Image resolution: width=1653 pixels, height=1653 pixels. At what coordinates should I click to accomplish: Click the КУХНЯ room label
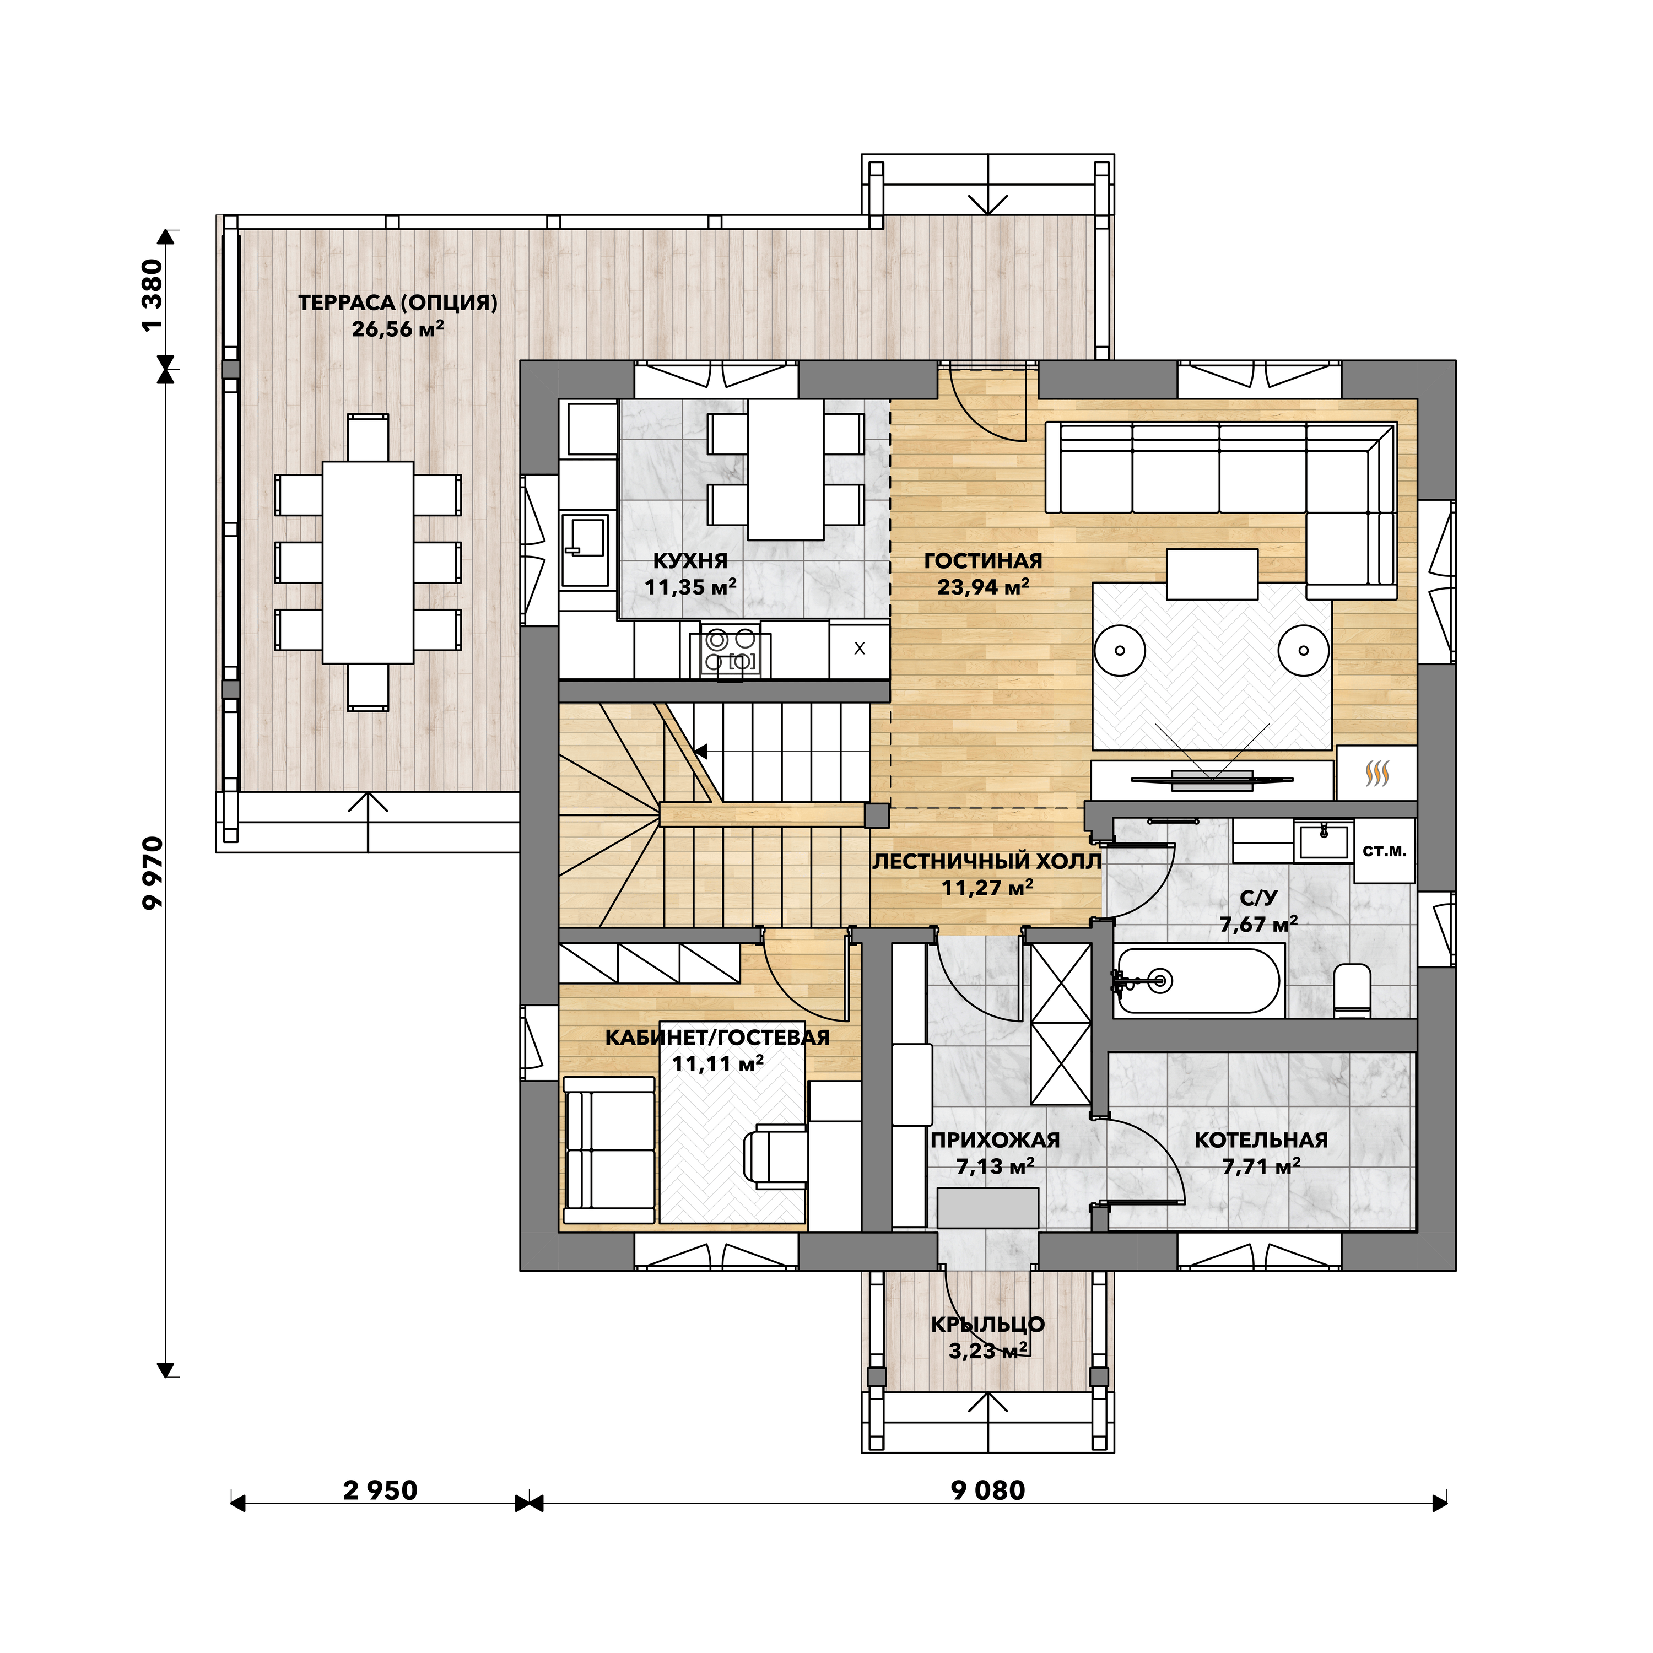point(690,561)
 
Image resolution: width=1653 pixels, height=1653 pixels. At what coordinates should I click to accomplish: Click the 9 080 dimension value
point(988,1490)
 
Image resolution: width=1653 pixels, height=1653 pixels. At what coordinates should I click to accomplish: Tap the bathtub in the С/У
point(1198,981)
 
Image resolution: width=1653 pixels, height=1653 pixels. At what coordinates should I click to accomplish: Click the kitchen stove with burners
point(730,651)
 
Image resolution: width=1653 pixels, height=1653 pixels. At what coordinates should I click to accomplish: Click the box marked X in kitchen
point(859,649)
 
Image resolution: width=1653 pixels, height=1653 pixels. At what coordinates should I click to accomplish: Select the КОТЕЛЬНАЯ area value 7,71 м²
point(1261,1166)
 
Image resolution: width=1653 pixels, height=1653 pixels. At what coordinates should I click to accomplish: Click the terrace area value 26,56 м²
point(398,328)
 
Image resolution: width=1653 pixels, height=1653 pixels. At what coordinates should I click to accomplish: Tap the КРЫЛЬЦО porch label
point(988,1325)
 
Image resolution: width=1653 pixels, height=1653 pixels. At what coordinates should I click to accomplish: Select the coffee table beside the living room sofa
point(1212,574)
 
